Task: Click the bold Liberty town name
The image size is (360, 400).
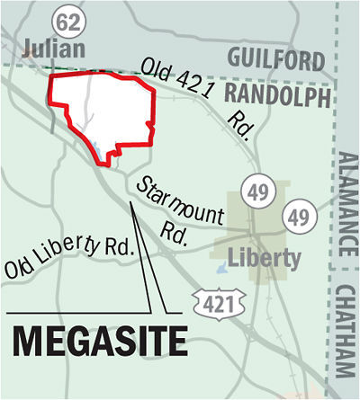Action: [x=264, y=259]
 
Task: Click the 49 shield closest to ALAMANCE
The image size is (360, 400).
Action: [x=298, y=217]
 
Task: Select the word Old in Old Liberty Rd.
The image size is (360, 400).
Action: [x=19, y=267]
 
